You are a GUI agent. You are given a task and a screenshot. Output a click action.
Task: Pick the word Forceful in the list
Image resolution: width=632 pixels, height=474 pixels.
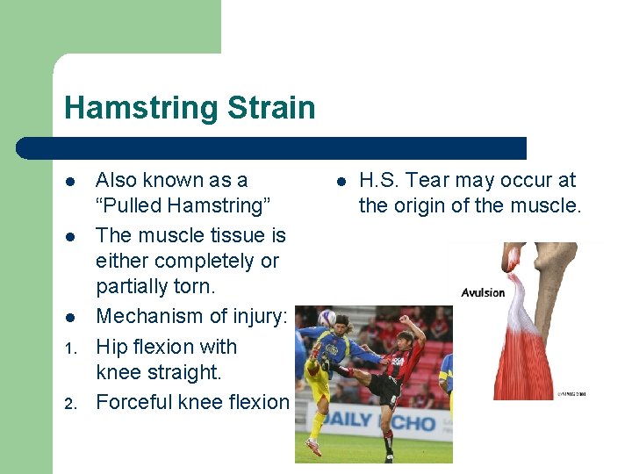pyautogui.click(x=134, y=402)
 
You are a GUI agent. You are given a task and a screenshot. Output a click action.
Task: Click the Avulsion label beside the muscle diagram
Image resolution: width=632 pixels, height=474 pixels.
pyautogui.click(x=484, y=292)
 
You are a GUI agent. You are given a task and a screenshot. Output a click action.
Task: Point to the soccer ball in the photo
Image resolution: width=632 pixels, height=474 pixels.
pyautogui.click(x=327, y=318)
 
